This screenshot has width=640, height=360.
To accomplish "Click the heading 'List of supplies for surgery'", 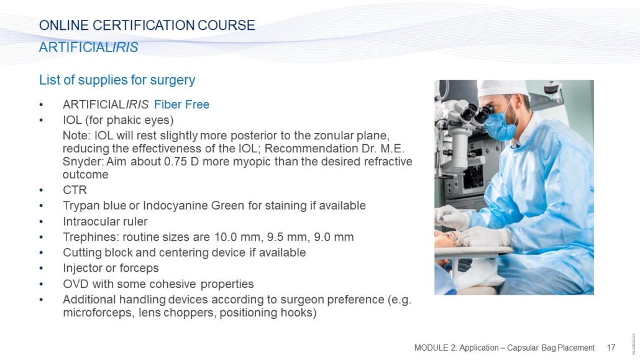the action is click(117, 80).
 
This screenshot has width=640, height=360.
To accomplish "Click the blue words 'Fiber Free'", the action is click(181, 104).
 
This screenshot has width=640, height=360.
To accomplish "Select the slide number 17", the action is click(611, 348).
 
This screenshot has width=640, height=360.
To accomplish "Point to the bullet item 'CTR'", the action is click(75, 190).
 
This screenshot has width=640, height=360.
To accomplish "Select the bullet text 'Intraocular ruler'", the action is click(105, 221).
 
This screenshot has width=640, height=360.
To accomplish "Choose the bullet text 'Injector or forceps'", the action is click(111, 268).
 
